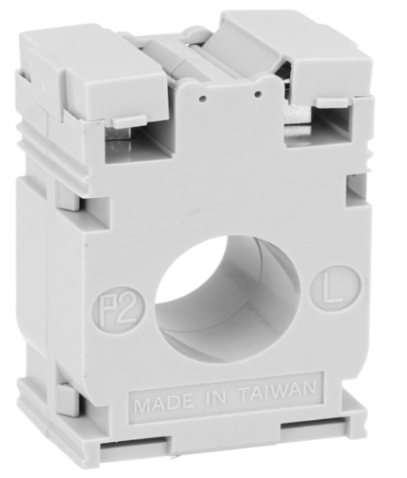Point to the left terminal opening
(132, 141)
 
